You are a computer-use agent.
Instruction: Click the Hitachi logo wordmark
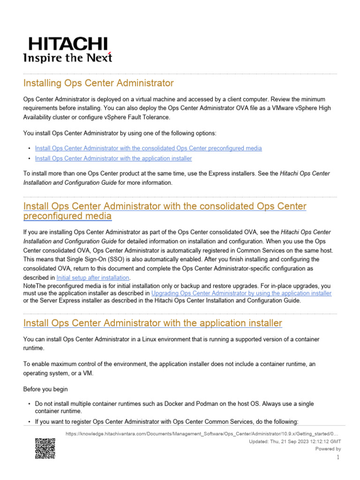point(67,44)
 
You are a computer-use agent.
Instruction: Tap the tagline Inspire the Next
point(67,58)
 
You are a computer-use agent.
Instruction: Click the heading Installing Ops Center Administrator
point(98,83)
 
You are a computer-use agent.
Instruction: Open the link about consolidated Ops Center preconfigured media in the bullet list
point(148,148)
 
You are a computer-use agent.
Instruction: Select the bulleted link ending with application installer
point(113,159)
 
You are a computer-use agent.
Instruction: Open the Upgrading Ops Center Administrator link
point(241,293)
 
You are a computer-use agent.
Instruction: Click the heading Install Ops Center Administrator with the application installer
point(152,323)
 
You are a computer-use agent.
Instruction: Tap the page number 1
point(338,457)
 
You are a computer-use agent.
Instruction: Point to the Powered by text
point(328,449)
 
